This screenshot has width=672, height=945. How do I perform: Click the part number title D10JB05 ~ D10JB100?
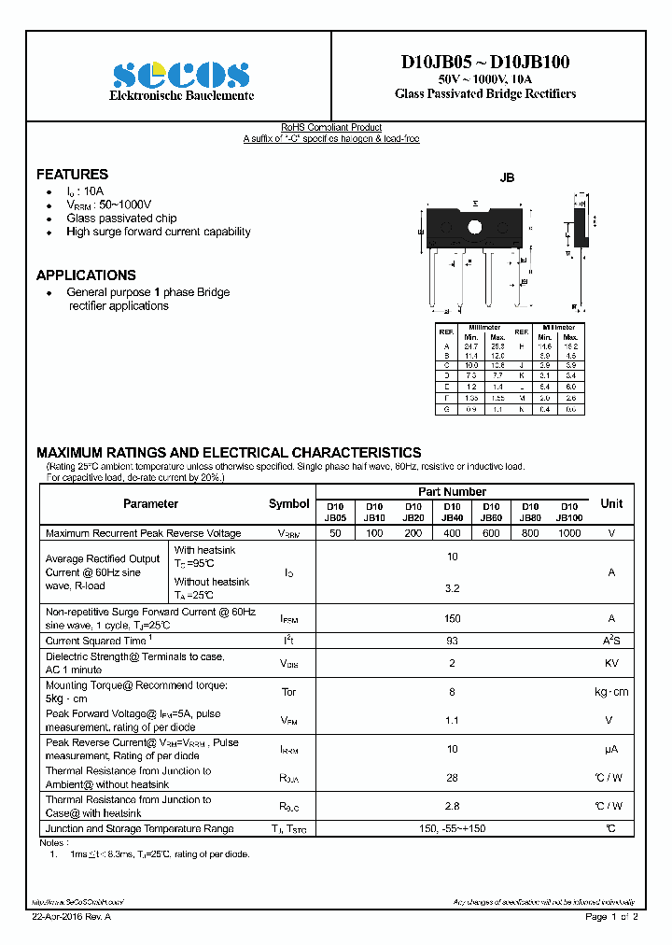485,63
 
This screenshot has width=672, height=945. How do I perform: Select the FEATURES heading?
72,175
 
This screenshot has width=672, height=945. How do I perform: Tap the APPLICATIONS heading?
86,275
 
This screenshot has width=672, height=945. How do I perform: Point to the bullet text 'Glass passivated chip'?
121,218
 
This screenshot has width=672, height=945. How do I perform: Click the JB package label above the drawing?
507,177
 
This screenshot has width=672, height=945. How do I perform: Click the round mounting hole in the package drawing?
473,227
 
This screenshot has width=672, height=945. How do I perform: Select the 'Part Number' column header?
452,491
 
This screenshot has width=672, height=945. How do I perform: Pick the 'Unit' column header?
611,503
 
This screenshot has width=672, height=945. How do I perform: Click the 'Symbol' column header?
288,503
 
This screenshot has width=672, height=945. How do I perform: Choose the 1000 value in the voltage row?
568,533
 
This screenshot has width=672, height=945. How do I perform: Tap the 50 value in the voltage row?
335,533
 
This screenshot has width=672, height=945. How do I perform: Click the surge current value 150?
452,618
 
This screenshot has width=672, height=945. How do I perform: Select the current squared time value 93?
452,641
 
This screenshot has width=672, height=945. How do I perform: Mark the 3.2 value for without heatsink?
452,589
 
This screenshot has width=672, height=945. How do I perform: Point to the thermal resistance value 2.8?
452,806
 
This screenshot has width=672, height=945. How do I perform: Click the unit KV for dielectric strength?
611,663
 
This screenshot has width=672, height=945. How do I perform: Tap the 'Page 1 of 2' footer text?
611,917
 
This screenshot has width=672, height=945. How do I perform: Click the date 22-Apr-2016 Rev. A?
71,917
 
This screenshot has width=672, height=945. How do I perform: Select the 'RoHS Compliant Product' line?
331,128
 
